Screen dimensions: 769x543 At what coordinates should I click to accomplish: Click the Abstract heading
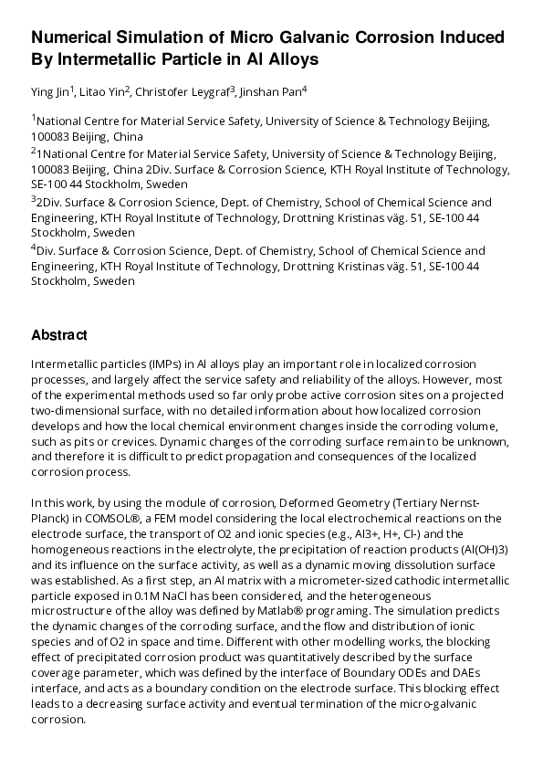[59, 335]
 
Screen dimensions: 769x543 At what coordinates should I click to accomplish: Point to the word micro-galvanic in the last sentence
[438, 705]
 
